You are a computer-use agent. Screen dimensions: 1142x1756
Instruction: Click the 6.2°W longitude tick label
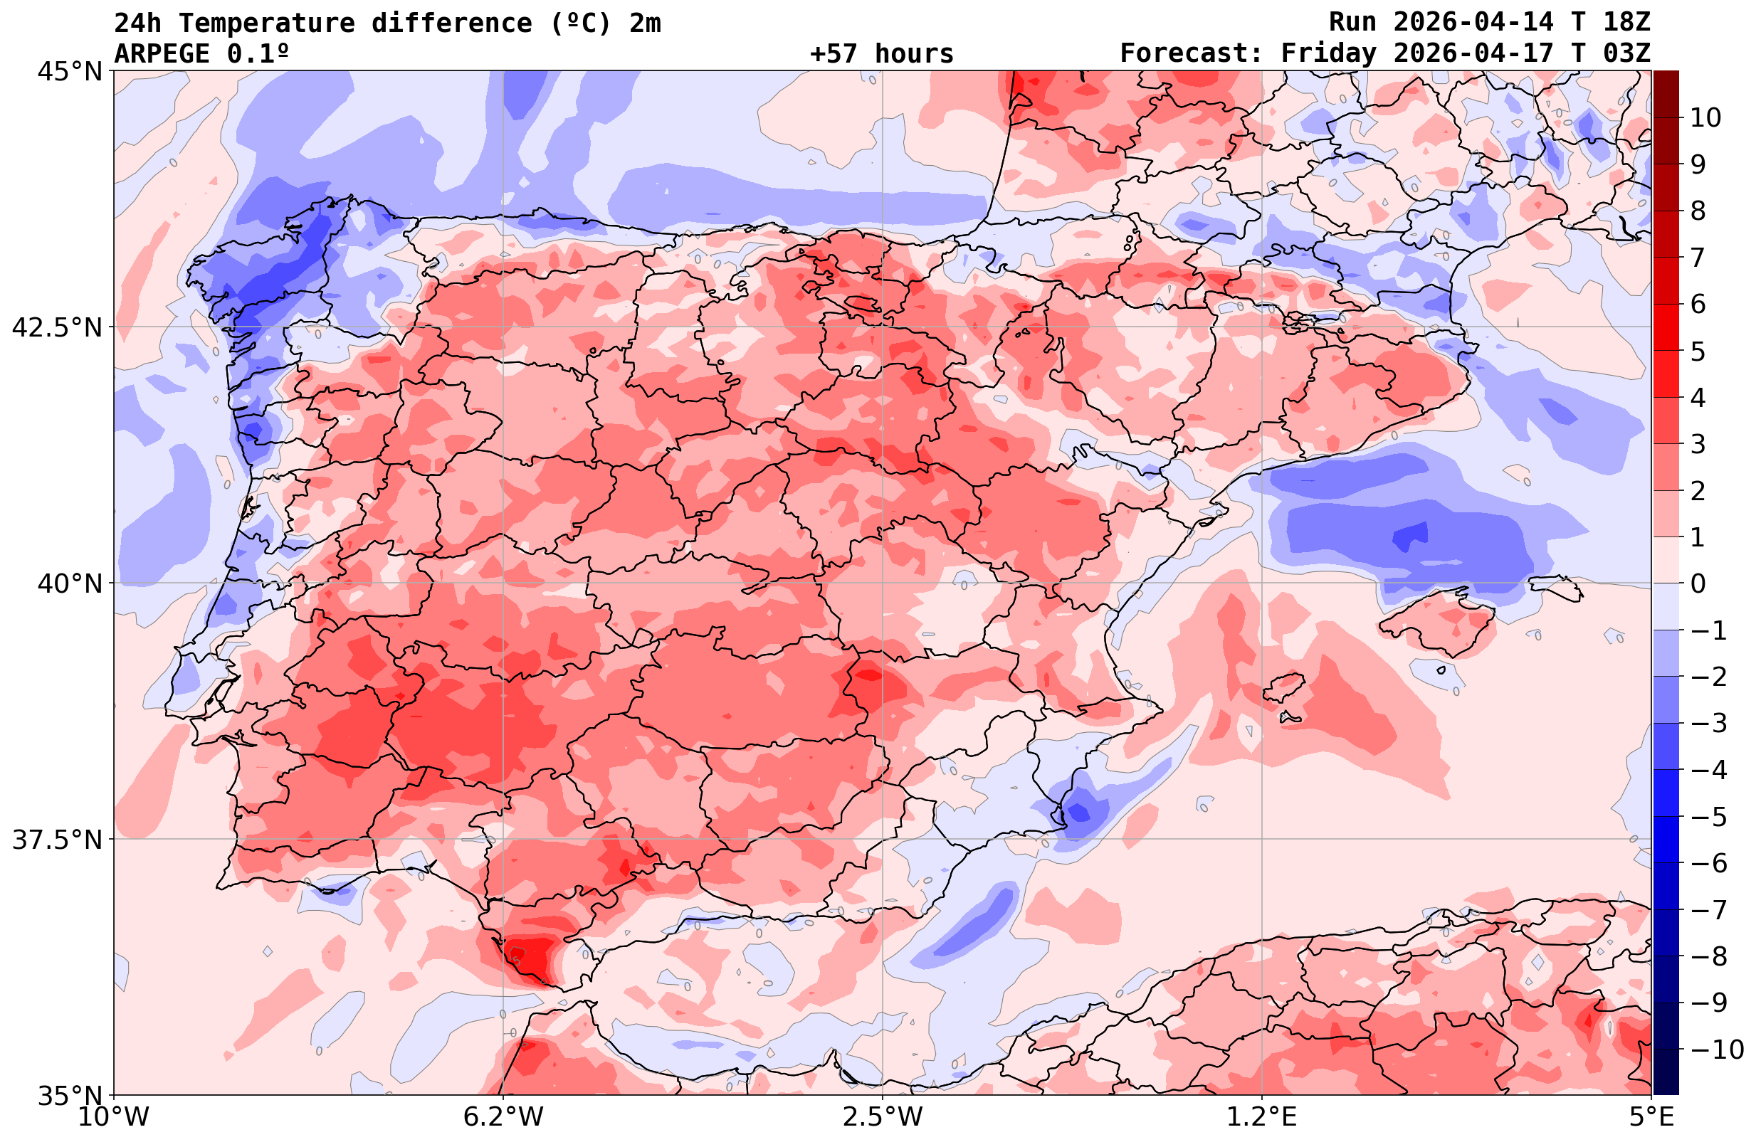click(503, 1118)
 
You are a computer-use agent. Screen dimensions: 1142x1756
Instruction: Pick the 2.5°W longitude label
click(883, 1118)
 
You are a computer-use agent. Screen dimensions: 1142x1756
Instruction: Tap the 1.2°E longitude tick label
click(1262, 1118)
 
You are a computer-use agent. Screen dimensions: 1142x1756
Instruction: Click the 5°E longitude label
click(1651, 1118)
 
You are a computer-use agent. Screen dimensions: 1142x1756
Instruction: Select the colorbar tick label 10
click(1706, 117)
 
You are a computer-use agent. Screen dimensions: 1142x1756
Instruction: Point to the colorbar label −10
click(1715, 1049)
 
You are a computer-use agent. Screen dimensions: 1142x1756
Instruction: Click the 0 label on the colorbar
click(1698, 583)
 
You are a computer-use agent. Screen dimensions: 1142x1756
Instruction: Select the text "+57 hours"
click(882, 54)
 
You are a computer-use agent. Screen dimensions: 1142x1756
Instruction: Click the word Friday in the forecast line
click(1328, 54)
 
